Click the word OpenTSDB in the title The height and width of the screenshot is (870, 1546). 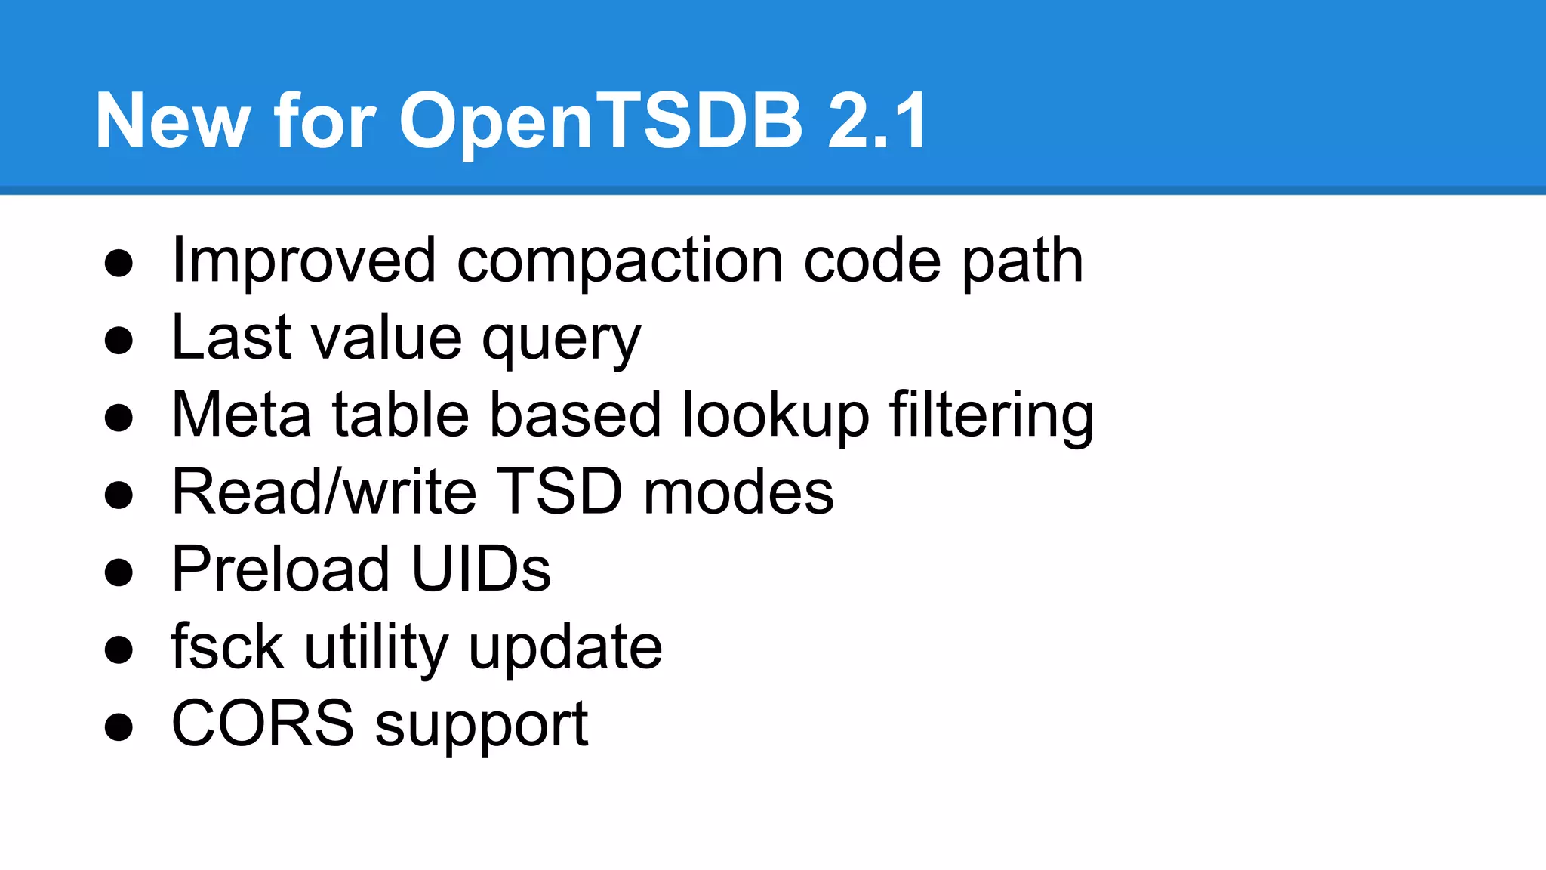[x=600, y=121]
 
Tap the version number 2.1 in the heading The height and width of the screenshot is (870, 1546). [x=877, y=121]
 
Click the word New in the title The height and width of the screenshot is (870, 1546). [x=172, y=121]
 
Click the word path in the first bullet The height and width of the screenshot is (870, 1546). [x=1023, y=262]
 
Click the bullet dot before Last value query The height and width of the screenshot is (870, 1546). [x=119, y=341]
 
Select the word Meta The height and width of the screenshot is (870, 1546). [x=242, y=415]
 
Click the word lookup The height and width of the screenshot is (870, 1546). [x=775, y=416]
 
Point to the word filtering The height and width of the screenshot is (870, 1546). [x=991, y=416]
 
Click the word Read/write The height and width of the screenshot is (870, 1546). [x=325, y=492]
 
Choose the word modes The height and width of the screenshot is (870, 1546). [x=738, y=492]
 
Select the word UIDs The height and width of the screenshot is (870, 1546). [x=481, y=569]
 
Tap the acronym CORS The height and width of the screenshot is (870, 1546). [x=263, y=723]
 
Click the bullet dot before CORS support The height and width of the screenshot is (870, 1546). [x=119, y=727]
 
